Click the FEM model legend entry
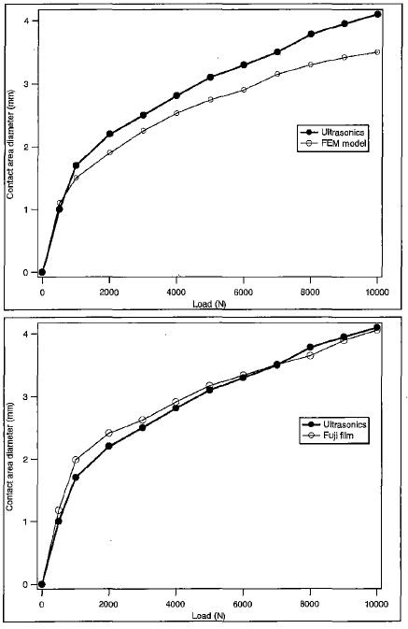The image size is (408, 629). point(332,143)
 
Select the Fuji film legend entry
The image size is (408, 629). point(327,436)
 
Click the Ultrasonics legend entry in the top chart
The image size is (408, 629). point(331,132)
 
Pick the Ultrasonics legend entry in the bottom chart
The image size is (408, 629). point(333,424)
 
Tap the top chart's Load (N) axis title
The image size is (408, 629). point(209,304)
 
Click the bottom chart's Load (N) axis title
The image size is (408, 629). point(208,615)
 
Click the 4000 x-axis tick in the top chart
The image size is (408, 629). point(176,292)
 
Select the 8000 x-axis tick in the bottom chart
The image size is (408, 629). point(310,604)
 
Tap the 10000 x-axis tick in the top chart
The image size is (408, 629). point(377,292)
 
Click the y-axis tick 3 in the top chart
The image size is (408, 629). point(25,84)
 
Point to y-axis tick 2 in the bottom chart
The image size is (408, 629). point(25,459)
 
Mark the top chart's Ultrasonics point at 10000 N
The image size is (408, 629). point(377,14)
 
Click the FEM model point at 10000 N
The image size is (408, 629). point(377,52)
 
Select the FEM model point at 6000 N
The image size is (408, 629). point(244,90)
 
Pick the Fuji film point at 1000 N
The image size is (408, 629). point(76,460)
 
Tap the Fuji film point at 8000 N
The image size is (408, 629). point(310,355)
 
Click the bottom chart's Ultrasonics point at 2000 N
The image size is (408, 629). point(109,446)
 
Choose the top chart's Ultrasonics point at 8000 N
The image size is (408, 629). point(311,34)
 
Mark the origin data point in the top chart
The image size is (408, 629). point(43,272)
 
